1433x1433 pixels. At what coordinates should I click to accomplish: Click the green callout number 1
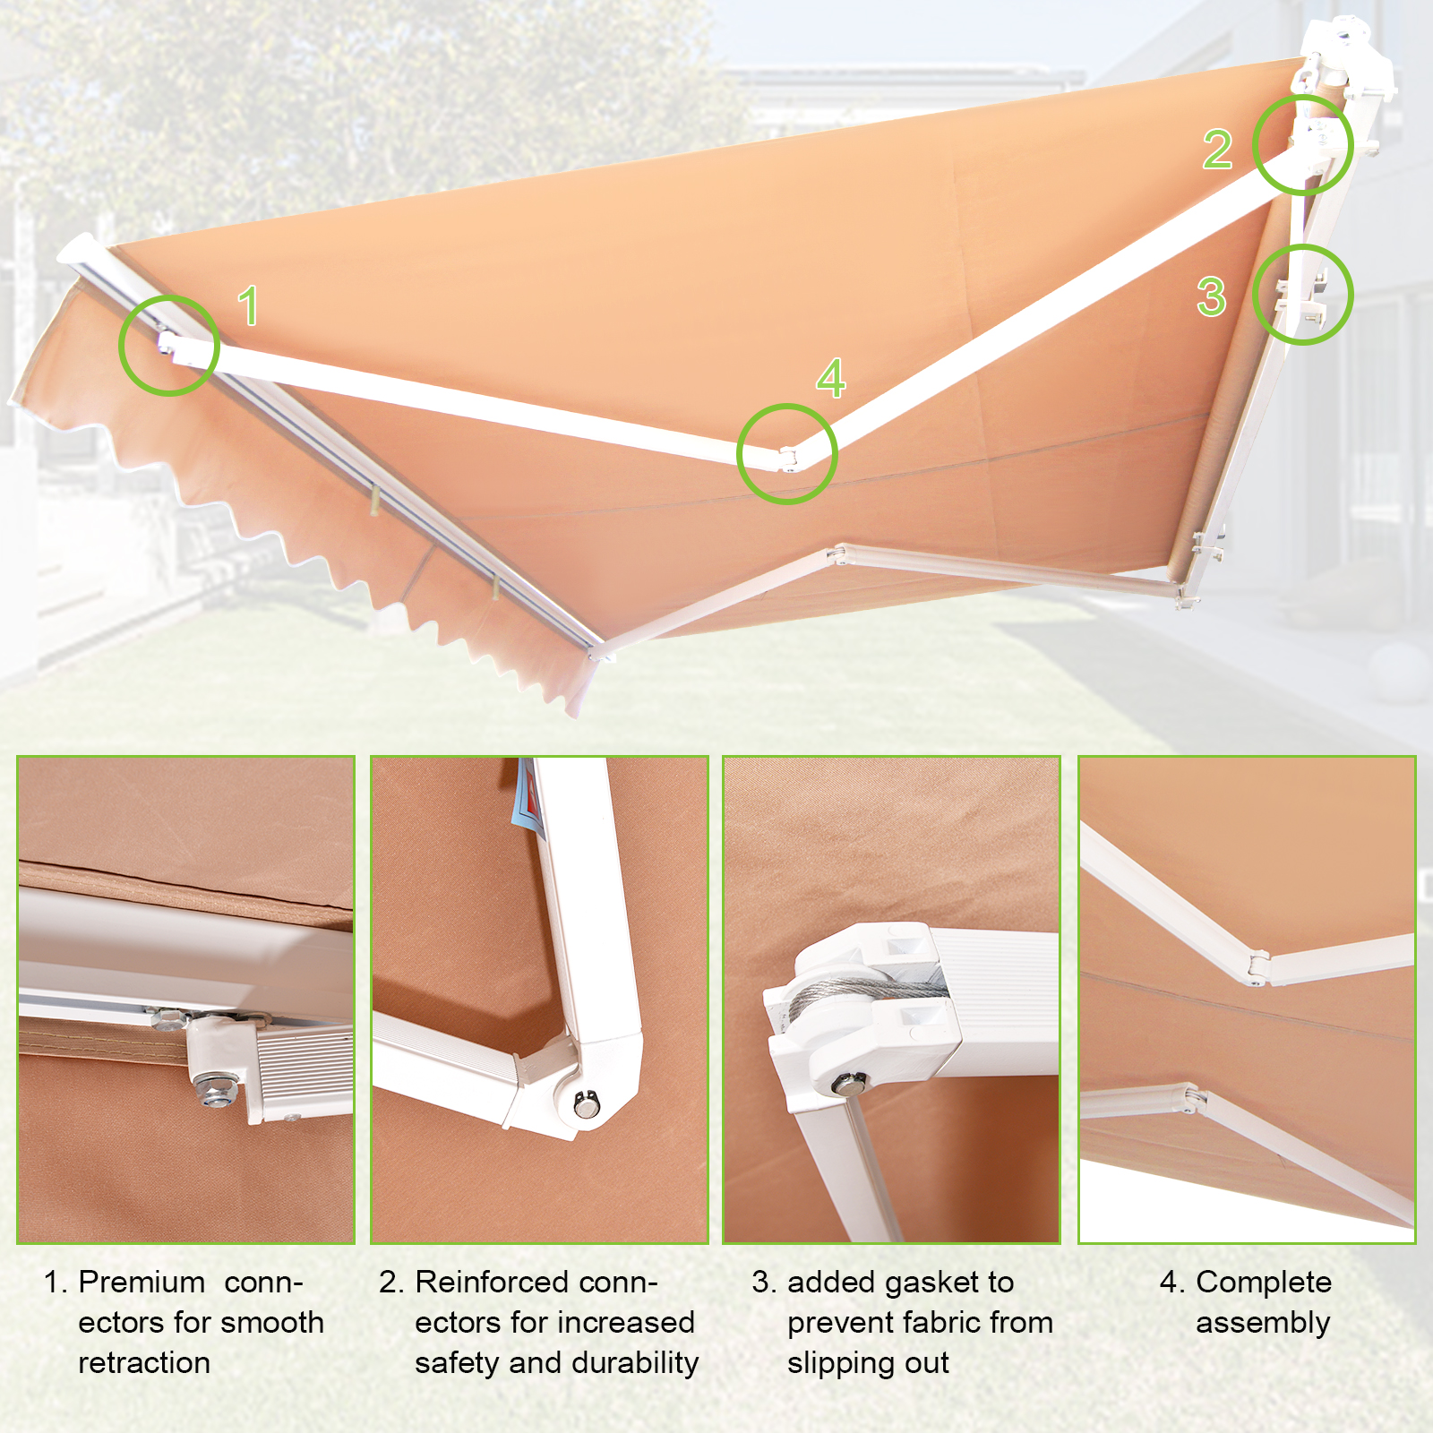tap(249, 305)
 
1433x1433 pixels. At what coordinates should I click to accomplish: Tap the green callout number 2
tap(1217, 149)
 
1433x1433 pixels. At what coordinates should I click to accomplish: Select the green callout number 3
tap(1211, 296)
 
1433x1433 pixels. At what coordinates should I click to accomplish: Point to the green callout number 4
tap(830, 378)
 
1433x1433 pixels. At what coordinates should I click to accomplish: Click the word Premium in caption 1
tap(142, 1282)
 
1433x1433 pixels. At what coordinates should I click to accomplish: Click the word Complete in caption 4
tap(1264, 1283)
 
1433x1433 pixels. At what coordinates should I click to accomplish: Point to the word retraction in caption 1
tap(144, 1363)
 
